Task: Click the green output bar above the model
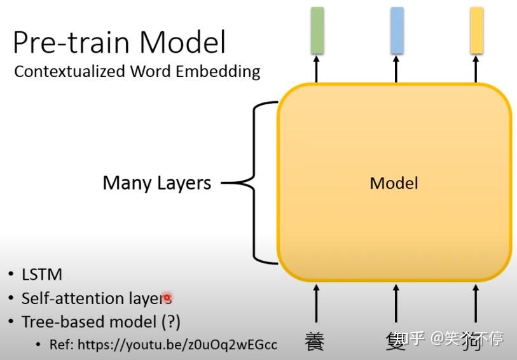click(x=317, y=30)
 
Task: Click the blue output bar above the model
click(x=397, y=30)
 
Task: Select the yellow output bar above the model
click(x=476, y=30)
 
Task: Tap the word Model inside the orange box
click(x=394, y=183)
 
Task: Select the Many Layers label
click(x=156, y=183)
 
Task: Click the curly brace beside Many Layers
click(x=254, y=183)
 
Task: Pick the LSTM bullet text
click(x=42, y=275)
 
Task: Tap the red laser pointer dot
click(x=167, y=297)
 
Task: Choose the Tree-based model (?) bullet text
click(x=101, y=321)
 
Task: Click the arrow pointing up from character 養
click(x=316, y=304)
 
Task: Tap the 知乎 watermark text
click(x=407, y=338)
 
